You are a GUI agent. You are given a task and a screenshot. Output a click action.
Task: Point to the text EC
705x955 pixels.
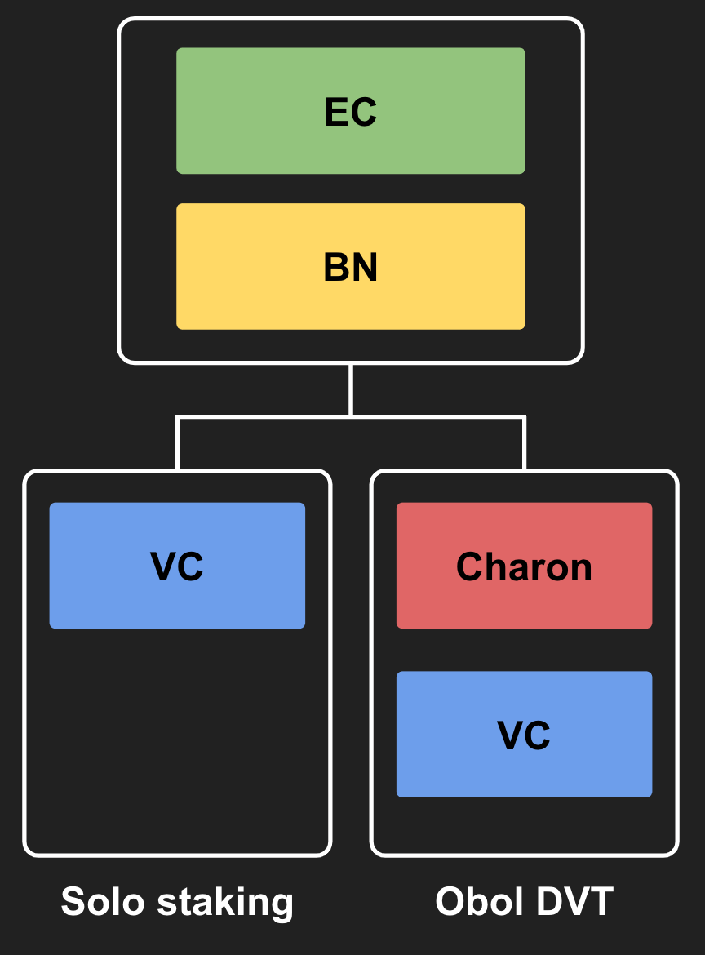click(x=351, y=112)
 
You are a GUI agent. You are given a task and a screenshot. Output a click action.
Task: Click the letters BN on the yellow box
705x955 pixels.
click(x=351, y=268)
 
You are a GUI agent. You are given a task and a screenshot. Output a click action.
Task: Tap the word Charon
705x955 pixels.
click(x=524, y=566)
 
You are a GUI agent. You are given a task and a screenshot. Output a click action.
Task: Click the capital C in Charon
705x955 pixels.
click(x=471, y=566)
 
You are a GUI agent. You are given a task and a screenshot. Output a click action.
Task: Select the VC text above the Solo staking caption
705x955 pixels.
click(x=177, y=566)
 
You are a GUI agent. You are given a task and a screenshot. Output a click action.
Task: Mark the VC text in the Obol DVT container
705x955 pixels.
click(x=524, y=735)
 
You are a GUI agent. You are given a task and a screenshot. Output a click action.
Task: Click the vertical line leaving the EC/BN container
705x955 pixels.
click(x=351, y=390)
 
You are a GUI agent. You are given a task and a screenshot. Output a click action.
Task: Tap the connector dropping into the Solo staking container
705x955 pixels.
click(x=177, y=445)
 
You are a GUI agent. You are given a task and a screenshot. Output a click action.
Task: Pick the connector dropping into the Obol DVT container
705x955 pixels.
click(x=524, y=445)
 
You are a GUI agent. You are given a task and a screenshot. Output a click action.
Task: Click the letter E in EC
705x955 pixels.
click(x=335, y=112)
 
